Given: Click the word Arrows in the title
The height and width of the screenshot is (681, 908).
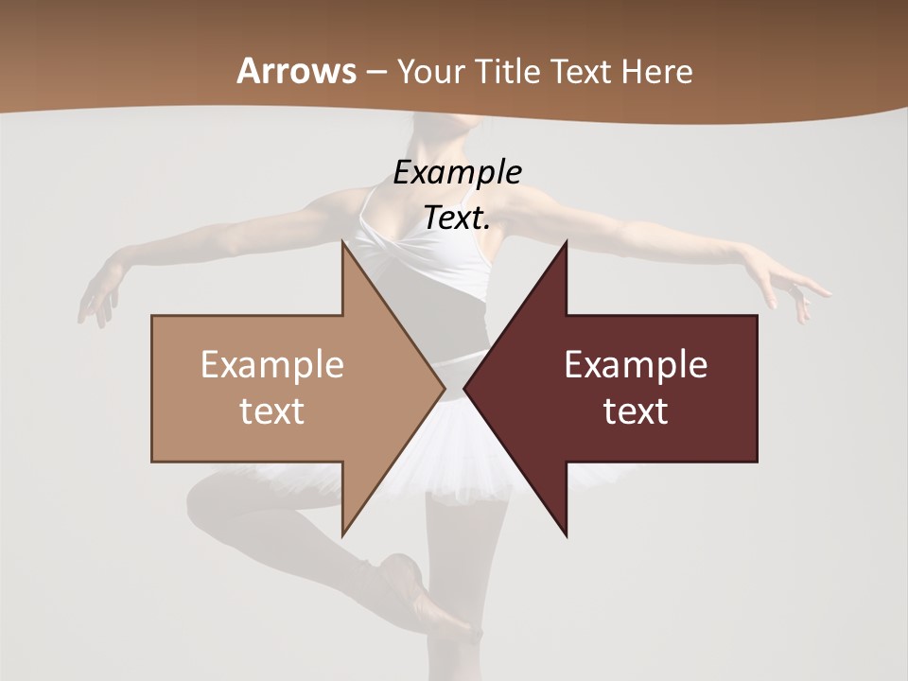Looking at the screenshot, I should [296, 71].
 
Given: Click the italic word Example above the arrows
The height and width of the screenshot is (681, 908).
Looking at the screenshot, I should [457, 172].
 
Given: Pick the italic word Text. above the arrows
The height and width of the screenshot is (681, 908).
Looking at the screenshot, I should [457, 218].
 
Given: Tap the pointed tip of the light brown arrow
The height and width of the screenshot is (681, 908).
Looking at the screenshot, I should [443, 388].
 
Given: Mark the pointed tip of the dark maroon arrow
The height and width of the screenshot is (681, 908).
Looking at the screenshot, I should [466, 388].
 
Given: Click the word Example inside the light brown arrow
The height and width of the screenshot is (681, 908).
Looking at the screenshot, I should [272, 365].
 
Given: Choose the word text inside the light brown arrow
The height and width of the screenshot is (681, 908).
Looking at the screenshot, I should [272, 411].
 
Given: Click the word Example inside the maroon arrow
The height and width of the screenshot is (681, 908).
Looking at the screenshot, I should [636, 365].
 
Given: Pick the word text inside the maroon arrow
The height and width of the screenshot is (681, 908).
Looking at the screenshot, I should [636, 411].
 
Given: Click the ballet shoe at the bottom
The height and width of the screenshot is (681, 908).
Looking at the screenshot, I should [416, 591].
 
